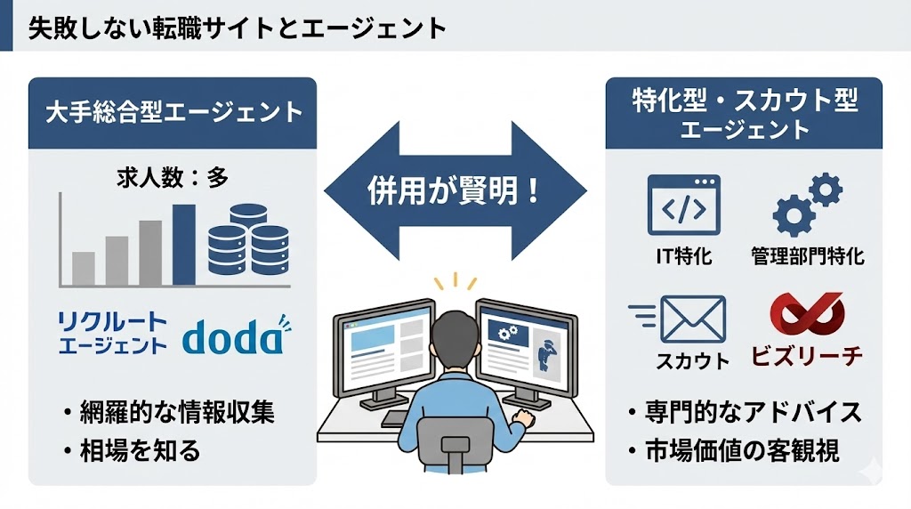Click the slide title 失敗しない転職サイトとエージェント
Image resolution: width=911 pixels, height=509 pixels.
click(x=236, y=28)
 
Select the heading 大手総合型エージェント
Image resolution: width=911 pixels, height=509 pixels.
click(x=173, y=113)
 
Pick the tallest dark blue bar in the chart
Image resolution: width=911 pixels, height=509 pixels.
click(x=184, y=244)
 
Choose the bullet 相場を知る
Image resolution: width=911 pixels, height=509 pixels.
click(x=142, y=450)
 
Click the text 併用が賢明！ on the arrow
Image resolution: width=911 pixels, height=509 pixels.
click(x=455, y=191)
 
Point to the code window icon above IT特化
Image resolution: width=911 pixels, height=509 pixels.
click(x=683, y=206)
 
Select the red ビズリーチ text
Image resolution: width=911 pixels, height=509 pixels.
click(x=808, y=357)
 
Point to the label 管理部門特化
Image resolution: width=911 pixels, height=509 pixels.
click(x=807, y=258)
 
